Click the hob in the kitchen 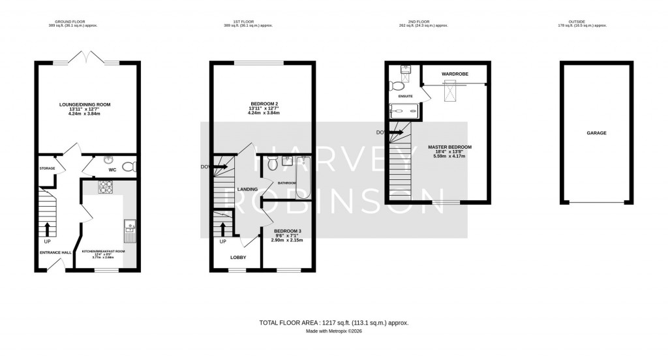coord(106,187)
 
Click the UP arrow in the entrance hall coord(47,228)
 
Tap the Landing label coord(247,190)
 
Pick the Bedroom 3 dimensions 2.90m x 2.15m coord(287,241)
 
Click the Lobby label coord(238,258)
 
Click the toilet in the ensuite coord(398,84)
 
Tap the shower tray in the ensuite coord(405,111)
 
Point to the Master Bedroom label coord(449,147)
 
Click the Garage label coord(596,133)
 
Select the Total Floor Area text coord(333,323)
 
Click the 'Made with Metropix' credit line coord(333,331)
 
